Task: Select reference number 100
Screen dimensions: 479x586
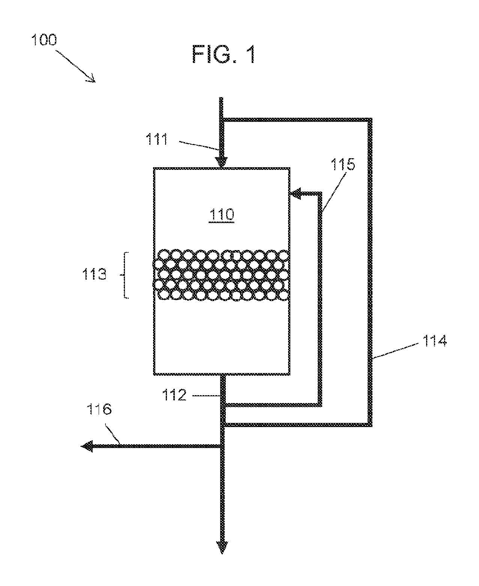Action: [x=44, y=40]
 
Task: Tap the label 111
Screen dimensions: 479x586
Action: [x=157, y=139]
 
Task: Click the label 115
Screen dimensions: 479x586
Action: [x=343, y=164]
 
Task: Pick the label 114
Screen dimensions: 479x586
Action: [x=434, y=340]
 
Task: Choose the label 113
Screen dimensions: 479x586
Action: [x=94, y=274]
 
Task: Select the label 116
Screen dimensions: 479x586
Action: [x=99, y=409]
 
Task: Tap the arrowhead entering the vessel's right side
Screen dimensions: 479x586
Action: [x=296, y=194]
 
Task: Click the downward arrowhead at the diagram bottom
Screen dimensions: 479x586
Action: [x=222, y=548]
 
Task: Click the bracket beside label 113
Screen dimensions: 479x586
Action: [x=126, y=275]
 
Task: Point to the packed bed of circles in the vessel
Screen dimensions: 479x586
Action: [x=221, y=275]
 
